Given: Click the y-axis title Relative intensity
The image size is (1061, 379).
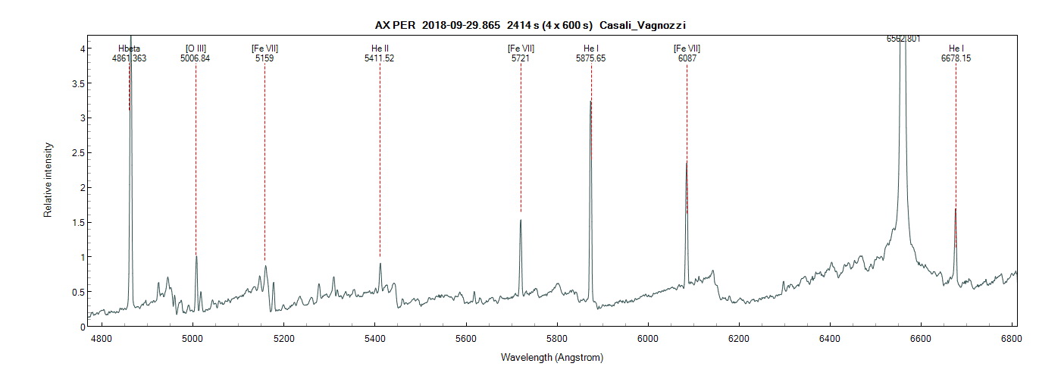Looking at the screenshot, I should tap(48, 180).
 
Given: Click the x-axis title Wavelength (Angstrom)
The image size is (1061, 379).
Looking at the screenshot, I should tap(552, 356).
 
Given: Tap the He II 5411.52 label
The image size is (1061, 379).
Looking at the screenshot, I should tap(379, 53).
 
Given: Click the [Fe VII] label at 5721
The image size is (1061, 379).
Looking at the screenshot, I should tap(521, 53).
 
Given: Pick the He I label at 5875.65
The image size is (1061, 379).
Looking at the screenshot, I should tap(591, 53).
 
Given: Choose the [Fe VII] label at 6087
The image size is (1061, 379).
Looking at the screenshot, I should tap(687, 53).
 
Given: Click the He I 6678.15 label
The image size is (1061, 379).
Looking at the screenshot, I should tap(956, 53).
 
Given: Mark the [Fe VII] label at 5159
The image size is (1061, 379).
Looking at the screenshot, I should tap(264, 53).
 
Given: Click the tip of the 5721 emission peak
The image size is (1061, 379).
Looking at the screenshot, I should tap(521, 221).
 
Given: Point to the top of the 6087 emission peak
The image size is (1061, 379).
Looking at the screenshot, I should tap(687, 162).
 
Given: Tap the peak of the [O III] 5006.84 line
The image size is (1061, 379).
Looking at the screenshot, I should tap(196, 256).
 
